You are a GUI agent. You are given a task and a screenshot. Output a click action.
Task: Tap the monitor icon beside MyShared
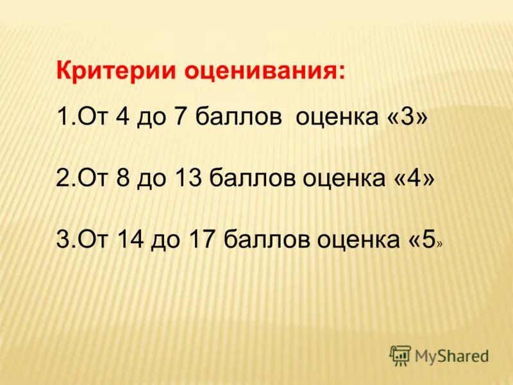click(x=400, y=354)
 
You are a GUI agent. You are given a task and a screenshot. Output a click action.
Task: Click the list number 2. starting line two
click(x=62, y=178)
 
